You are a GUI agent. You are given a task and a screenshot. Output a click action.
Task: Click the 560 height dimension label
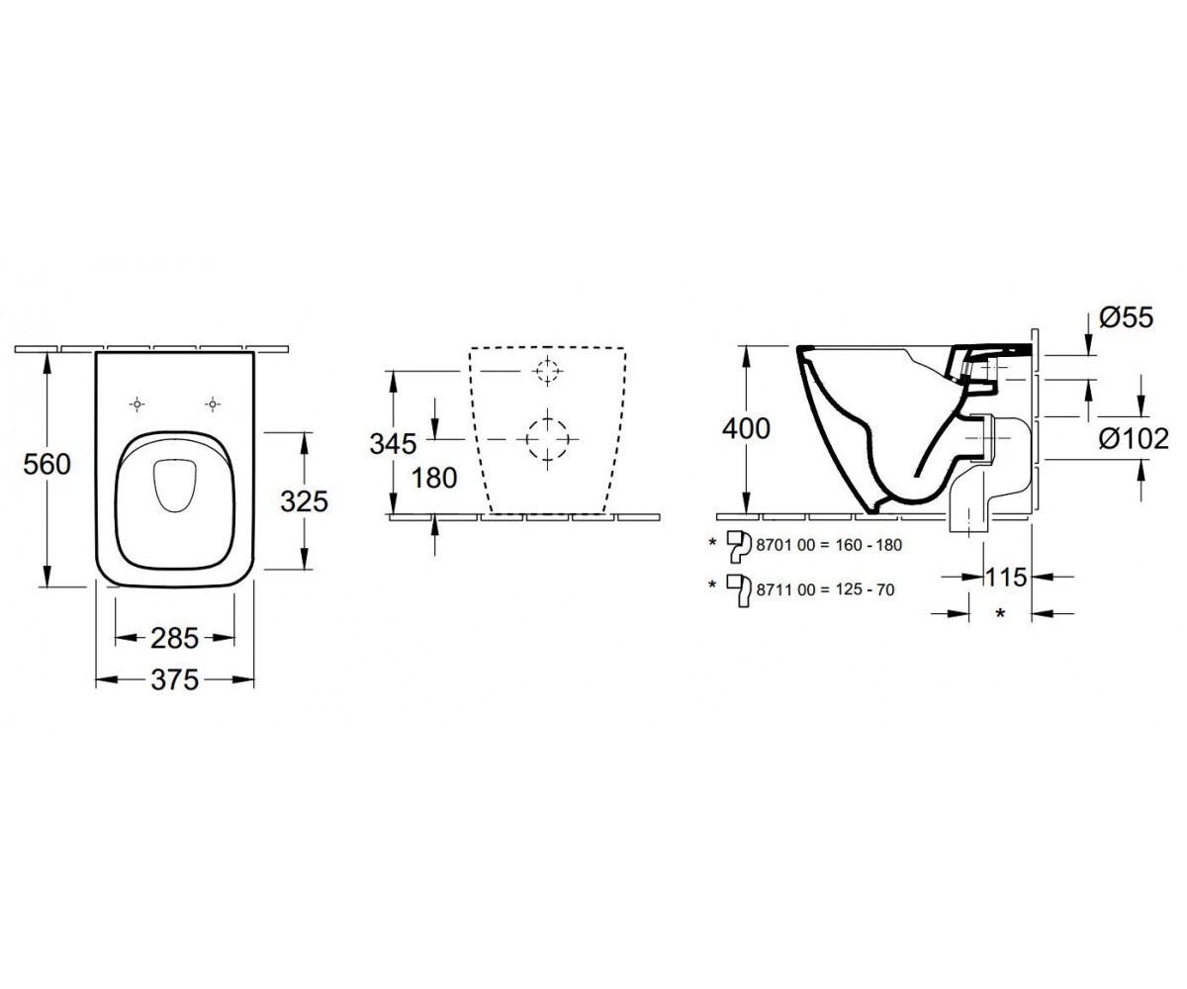(46, 465)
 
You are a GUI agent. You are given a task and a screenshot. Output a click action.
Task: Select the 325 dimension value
(304, 501)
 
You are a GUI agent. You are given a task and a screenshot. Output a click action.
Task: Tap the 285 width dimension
(174, 638)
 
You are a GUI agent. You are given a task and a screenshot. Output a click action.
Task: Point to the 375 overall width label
(174, 679)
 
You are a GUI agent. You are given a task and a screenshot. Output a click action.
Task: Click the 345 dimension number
(393, 443)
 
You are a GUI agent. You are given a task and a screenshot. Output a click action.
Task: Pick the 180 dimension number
(434, 478)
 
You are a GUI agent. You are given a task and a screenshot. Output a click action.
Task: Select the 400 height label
(746, 428)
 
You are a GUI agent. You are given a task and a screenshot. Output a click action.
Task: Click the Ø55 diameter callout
(1127, 317)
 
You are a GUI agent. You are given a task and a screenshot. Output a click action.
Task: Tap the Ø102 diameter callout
(1134, 438)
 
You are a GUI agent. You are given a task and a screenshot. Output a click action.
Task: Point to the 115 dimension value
(1006, 578)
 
